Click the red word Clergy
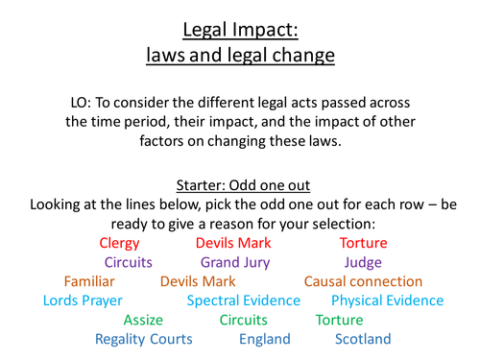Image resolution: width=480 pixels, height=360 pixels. (119, 243)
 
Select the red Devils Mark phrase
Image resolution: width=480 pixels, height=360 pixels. (234, 243)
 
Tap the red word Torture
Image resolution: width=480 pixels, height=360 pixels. (364, 243)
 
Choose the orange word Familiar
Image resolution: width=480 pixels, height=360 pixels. (89, 281)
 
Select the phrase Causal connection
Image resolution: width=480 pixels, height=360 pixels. (363, 281)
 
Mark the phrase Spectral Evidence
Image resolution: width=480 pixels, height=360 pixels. (244, 300)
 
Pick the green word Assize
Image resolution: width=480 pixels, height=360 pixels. (143, 320)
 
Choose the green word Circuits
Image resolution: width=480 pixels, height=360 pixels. (244, 320)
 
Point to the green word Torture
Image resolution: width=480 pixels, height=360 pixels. (340, 320)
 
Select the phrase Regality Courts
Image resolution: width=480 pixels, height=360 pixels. (144, 339)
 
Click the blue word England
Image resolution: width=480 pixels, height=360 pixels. (265, 339)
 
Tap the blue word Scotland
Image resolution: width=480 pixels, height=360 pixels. (363, 339)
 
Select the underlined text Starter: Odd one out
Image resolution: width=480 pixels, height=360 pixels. (240, 186)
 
